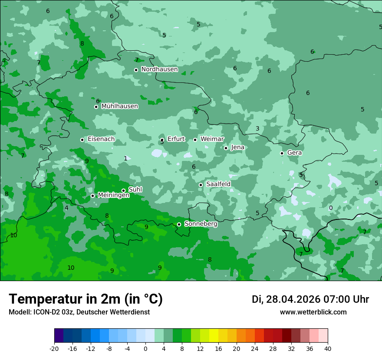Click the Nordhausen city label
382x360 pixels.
pyautogui.click(x=159, y=69)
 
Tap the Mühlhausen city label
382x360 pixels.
pyautogui.click(x=119, y=106)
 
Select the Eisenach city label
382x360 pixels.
pyautogui.click(x=101, y=139)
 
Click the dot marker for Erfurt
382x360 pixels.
pyautogui.click(x=162, y=140)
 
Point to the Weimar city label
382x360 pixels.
pyautogui.click(x=212, y=139)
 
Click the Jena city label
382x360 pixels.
pyautogui.click(x=237, y=147)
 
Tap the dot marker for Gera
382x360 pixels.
pyautogui.click(x=282, y=153)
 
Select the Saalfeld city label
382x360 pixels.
pyautogui.click(x=218, y=184)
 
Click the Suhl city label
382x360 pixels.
pyautogui.click(x=135, y=190)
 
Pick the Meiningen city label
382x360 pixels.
pyautogui.click(x=113, y=196)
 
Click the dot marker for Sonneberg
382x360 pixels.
pyautogui.click(x=179, y=224)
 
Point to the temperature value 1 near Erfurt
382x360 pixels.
pyautogui.click(x=125, y=159)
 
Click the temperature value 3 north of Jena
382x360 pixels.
pyautogui.click(x=257, y=129)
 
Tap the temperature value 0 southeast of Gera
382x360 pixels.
pyautogui.click(x=331, y=208)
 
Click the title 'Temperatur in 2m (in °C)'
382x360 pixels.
pyautogui.click(x=86, y=299)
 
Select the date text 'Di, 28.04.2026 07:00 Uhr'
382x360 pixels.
pyautogui.click(x=310, y=299)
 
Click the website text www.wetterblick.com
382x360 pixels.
pyautogui.click(x=313, y=312)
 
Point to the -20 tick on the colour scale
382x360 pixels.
pyautogui.click(x=54, y=348)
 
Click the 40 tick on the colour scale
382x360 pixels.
pyautogui.click(x=328, y=348)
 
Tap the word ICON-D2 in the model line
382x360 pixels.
pyautogui.click(x=44, y=312)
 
